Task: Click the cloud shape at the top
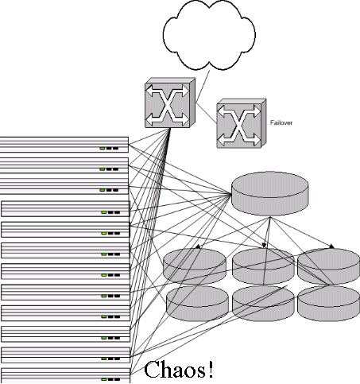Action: click(209, 35)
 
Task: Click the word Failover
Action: click(281, 122)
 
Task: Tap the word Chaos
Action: click(174, 369)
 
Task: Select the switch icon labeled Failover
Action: click(242, 123)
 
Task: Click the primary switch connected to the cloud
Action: click(170, 103)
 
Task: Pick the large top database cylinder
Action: click(270, 194)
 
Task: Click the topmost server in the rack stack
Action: click(64, 145)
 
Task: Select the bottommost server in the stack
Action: click(65, 375)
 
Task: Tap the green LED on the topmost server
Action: click(103, 149)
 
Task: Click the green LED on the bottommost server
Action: click(104, 379)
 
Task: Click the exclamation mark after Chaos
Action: click(211, 369)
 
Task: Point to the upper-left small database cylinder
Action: click(195, 266)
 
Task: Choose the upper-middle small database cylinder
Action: click(263, 266)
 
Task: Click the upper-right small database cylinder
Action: click(328, 266)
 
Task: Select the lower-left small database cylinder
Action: click(197, 303)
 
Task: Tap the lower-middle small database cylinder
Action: click(263, 303)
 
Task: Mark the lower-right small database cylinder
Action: click(328, 303)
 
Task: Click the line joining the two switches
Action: click(207, 113)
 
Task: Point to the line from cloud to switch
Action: click(203, 86)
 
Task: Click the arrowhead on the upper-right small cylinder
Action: click(331, 246)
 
